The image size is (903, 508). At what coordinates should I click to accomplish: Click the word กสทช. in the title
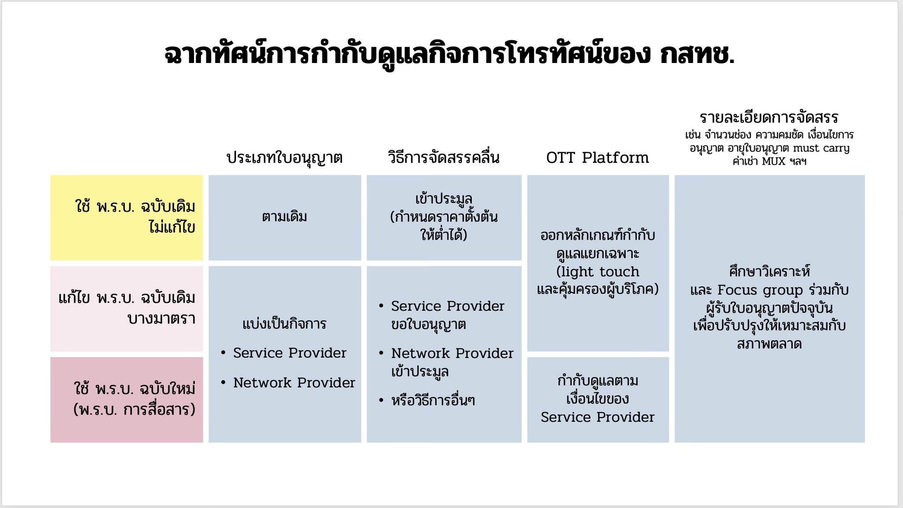[697, 54]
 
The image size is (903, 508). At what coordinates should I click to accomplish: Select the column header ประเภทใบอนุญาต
[284, 158]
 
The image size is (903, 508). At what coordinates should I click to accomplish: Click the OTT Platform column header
[597, 158]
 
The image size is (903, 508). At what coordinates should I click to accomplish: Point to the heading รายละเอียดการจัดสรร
[769, 117]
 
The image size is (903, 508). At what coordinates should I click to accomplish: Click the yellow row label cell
[127, 218]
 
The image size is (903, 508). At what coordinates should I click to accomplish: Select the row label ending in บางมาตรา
[127, 308]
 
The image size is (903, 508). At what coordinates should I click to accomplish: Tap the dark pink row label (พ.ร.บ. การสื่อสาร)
[127, 400]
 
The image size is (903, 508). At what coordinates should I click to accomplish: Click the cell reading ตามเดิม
[284, 218]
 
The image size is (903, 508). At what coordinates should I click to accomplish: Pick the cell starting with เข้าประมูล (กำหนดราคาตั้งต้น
[444, 218]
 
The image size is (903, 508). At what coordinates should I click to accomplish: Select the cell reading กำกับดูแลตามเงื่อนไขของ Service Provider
[598, 400]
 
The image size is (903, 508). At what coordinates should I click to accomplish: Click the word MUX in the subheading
[774, 161]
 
